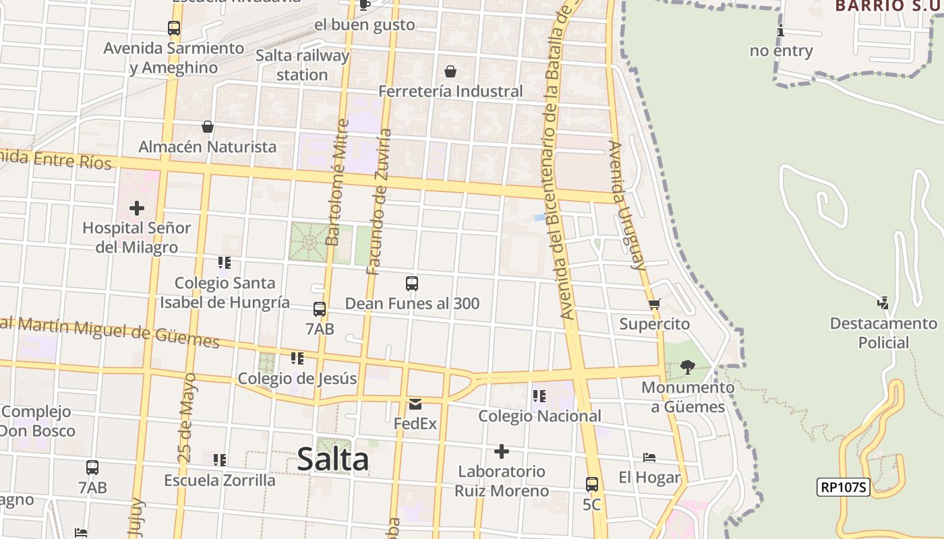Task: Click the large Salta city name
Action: tap(332, 459)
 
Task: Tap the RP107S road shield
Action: tap(843, 487)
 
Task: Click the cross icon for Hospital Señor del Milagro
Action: tap(137, 208)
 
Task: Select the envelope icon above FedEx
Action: tap(415, 404)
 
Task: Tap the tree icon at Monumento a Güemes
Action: tap(688, 367)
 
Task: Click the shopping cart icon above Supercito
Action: tap(654, 304)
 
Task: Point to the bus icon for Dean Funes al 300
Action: tap(412, 284)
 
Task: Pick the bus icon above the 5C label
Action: tap(591, 484)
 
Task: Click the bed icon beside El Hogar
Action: tap(649, 457)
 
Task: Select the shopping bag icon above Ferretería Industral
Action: tap(450, 71)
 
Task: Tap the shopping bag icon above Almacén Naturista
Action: tap(207, 127)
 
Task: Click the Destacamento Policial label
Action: tap(883, 333)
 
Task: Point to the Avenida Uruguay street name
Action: tap(626, 205)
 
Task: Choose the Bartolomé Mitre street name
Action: tap(336, 183)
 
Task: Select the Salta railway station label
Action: tap(302, 65)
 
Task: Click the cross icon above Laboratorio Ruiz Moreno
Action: tap(501, 451)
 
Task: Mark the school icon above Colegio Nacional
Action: tap(539, 396)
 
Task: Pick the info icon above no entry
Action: tap(781, 31)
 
